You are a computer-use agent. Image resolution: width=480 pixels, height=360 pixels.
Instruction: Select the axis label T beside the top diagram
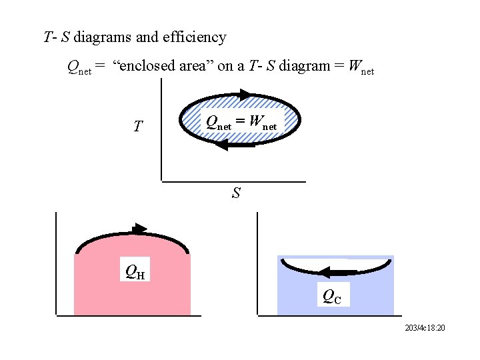(137, 127)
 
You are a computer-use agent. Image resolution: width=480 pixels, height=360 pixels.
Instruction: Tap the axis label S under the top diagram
(236, 194)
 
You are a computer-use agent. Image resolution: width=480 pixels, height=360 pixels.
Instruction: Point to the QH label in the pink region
(135, 272)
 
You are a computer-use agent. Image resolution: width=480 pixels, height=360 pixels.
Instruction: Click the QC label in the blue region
(331, 297)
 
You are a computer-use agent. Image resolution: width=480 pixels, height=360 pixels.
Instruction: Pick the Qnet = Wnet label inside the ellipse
(241, 122)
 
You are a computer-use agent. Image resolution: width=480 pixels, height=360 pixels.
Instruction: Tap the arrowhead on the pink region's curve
(139, 227)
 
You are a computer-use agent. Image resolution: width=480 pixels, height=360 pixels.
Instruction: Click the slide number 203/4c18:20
(424, 329)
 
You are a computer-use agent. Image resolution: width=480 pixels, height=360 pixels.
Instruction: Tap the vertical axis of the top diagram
(161, 130)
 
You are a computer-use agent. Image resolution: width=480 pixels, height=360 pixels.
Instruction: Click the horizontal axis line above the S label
(233, 181)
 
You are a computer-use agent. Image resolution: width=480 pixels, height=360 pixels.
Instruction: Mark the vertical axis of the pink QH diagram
(57, 263)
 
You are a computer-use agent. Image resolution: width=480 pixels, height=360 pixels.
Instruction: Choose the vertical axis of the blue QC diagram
(258, 263)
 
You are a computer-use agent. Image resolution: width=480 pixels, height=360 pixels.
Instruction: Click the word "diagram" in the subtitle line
(303, 67)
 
